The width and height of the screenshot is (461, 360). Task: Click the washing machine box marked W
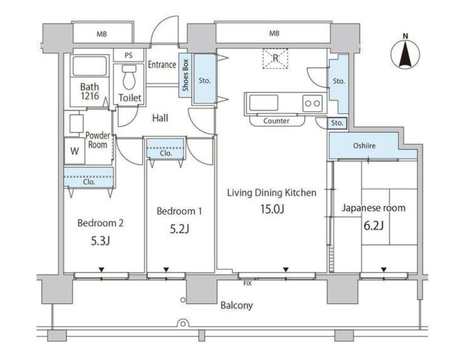pos(75,151)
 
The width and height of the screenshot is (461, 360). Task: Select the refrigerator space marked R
pos(275,58)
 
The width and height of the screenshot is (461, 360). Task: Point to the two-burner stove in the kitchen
pos(312,103)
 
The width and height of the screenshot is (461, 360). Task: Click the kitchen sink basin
pos(263,103)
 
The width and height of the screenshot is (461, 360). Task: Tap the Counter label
pos(276,121)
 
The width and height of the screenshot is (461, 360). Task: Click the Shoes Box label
pos(185,75)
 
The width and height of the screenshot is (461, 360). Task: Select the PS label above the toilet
pos(129,55)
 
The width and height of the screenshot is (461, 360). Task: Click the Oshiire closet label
pos(364,146)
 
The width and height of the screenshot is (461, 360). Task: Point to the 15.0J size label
pos(272,209)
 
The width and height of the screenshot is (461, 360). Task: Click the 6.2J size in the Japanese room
pos(373,226)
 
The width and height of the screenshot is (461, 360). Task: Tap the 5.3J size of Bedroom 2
pos(100,241)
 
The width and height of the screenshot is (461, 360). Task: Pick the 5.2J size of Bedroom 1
pos(179,229)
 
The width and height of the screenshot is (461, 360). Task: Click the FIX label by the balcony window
pos(247,284)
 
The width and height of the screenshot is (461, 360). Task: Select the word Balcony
pos(236,306)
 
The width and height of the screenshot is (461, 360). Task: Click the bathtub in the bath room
pos(89,66)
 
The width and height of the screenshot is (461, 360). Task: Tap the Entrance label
pos(162,64)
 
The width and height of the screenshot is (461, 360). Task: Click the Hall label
pos(160,118)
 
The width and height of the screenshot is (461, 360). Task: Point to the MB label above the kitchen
pos(274,33)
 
